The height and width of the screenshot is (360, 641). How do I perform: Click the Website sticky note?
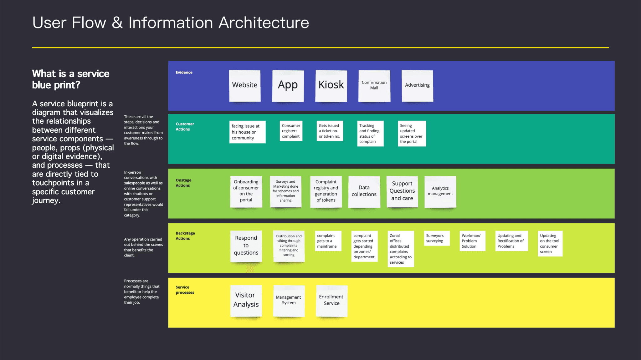[x=245, y=86]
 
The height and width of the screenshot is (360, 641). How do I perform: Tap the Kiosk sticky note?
[x=331, y=86]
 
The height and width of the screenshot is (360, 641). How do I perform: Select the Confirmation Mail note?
[x=374, y=86]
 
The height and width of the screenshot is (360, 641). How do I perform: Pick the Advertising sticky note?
[x=418, y=86]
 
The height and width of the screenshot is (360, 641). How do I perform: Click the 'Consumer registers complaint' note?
[x=291, y=131]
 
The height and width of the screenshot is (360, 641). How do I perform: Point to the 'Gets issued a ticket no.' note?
[x=330, y=131]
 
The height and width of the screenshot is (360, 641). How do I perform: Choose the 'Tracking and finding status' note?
[x=370, y=134]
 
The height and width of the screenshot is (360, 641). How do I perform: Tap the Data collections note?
[x=364, y=192]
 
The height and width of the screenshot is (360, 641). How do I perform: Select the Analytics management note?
[x=440, y=192]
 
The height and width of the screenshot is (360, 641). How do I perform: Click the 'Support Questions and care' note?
[x=402, y=192]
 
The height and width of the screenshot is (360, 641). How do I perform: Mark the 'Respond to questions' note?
[x=246, y=246]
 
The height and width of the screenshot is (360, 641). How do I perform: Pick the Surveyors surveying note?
[x=437, y=238]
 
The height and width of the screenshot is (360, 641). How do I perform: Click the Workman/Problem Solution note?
[x=473, y=241]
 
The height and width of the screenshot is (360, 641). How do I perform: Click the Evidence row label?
[x=184, y=72]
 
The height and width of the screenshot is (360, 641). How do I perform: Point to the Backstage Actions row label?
[x=185, y=236]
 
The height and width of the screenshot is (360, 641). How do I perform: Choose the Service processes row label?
[x=185, y=290]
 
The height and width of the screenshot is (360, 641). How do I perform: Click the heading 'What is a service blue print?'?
[x=71, y=79]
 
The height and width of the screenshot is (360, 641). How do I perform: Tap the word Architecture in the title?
[x=264, y=23]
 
